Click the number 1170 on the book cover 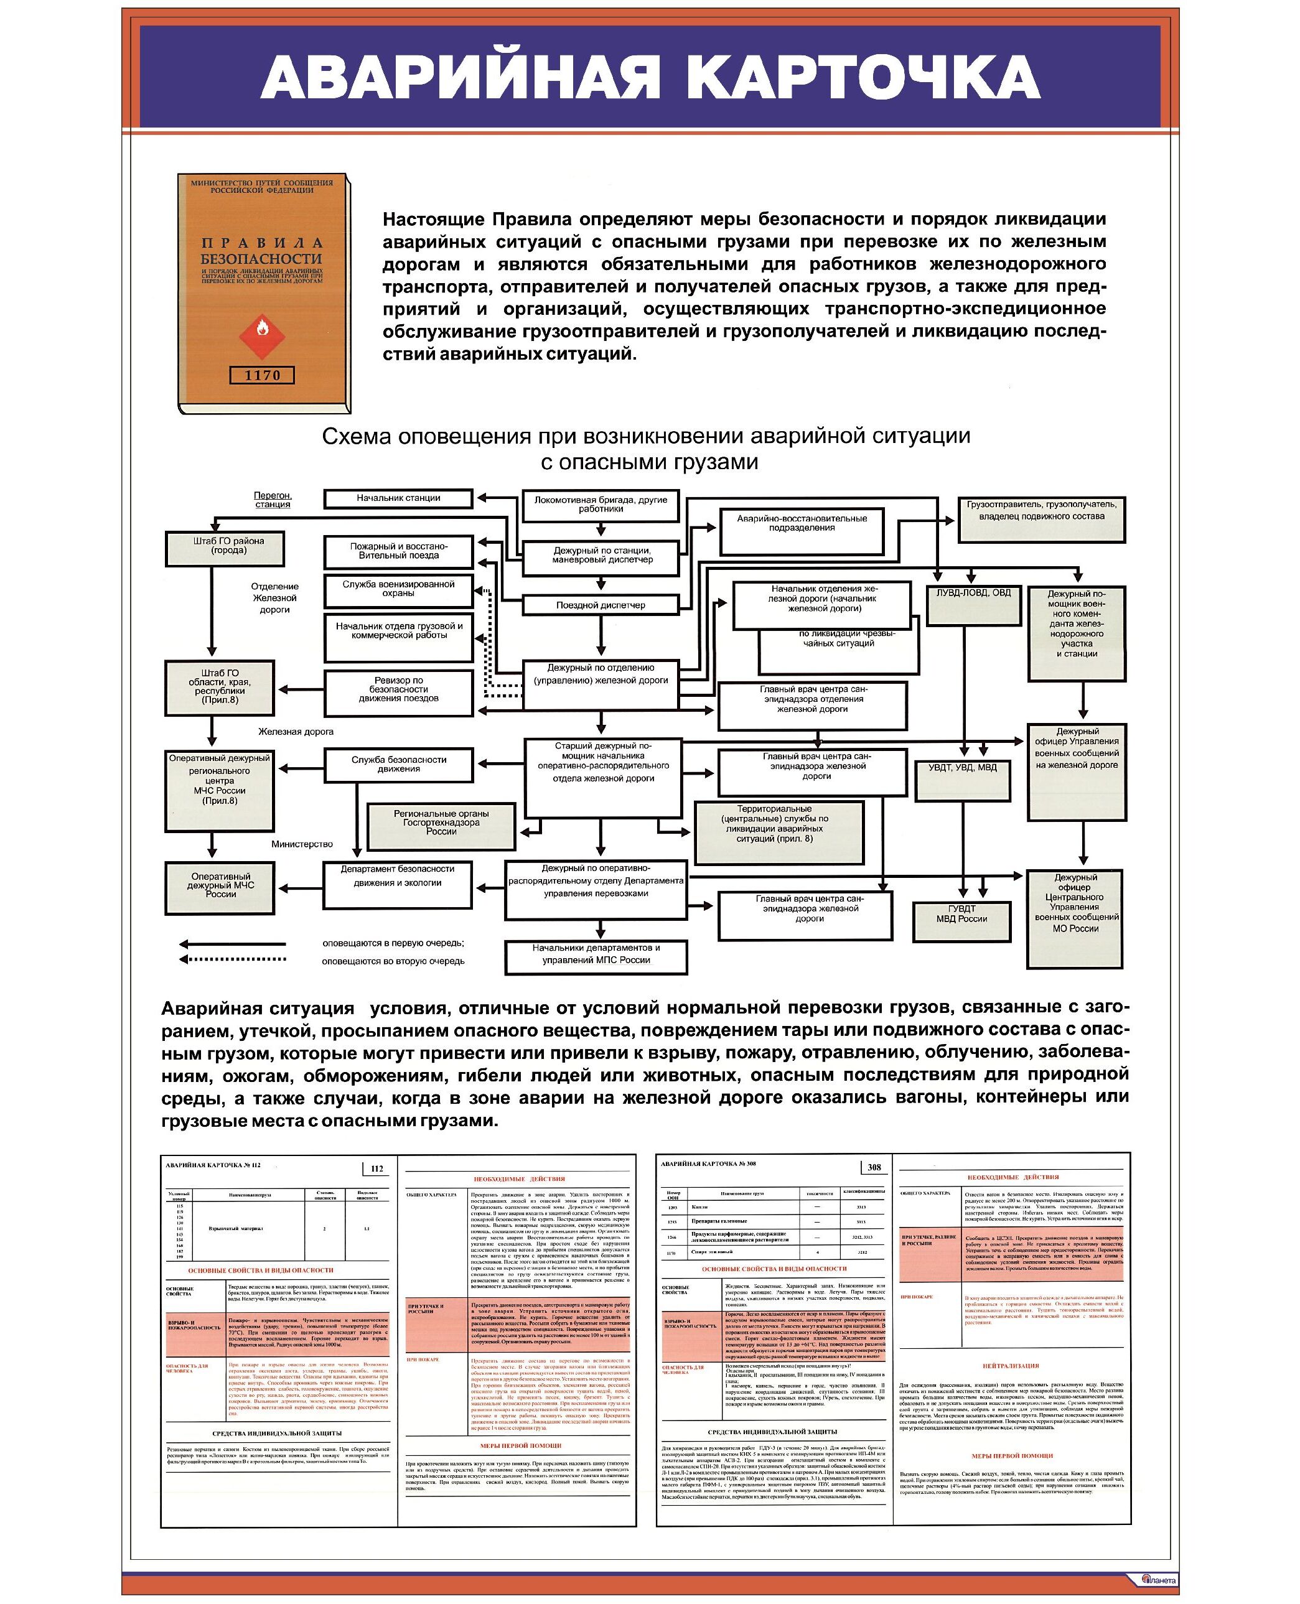(x=262, y=375)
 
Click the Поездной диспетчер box (x=601, y=605)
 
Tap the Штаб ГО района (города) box (x=225, y=549)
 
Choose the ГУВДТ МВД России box (x=961, y=920)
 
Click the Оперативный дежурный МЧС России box (x=220, y=887)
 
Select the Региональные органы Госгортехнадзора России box (x=441, y=825)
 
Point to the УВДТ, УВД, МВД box (x=962, y=780)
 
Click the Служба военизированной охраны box (x=398, y=591)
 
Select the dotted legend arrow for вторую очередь (x=232, y=959)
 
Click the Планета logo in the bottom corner (x=1159, y=1579)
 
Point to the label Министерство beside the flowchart (x=302, y=844)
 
